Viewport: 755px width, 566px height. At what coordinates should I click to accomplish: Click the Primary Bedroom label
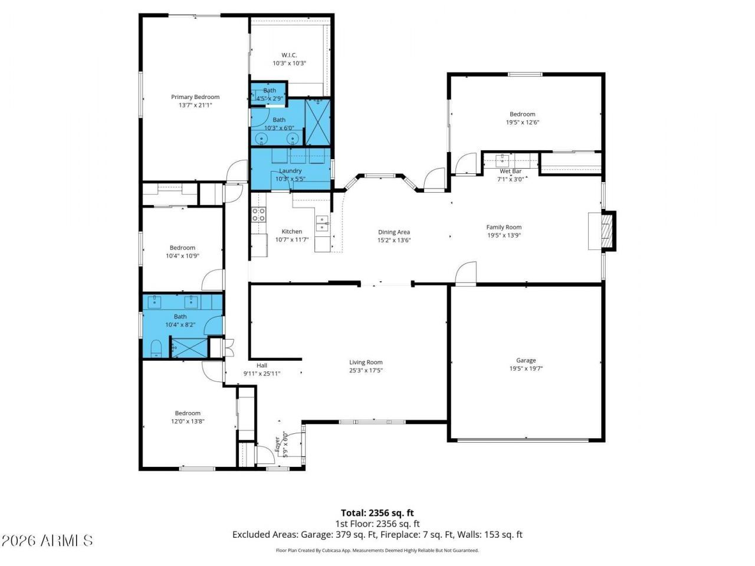click(x=195, y=97)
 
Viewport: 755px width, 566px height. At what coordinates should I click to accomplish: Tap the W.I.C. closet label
click(x=289, y=55)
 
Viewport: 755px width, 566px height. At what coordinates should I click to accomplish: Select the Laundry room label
click(x=290, y=171)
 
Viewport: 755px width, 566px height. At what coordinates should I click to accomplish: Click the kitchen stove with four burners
click(x=258, y=215)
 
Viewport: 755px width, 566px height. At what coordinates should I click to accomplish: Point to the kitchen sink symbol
click(x=322, y=221)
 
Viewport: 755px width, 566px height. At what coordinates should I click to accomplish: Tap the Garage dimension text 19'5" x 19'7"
click(x=526, y=368)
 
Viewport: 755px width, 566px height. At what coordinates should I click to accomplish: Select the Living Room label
click(x=366, y=363)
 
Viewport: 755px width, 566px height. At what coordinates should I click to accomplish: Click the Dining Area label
click(x=394, y=232)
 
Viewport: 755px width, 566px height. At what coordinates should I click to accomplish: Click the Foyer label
click(x=278, y=443)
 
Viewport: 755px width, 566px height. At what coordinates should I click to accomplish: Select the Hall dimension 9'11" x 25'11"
click(x=262, y=373)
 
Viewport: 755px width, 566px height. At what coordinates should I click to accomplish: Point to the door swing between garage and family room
click(x=465, y=274)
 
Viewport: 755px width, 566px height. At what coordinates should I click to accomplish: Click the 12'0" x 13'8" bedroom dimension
click(x=188, y=422)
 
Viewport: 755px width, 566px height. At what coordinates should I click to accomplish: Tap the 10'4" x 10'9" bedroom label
click(x=182, y=248)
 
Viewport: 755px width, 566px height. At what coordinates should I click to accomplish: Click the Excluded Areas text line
click(x=377, y=535)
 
